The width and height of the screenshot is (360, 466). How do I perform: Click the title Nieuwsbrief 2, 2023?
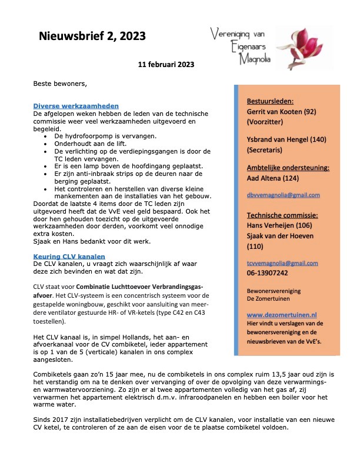point(92,37)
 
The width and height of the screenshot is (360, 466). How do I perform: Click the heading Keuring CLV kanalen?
point(69,256)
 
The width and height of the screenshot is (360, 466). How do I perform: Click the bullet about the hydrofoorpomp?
point(96,135)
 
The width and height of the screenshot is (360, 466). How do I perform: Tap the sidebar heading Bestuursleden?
point(270,101)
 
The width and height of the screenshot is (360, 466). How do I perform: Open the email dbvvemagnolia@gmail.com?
point(283,195)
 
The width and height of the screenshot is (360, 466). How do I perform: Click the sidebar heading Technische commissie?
point(283,215)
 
